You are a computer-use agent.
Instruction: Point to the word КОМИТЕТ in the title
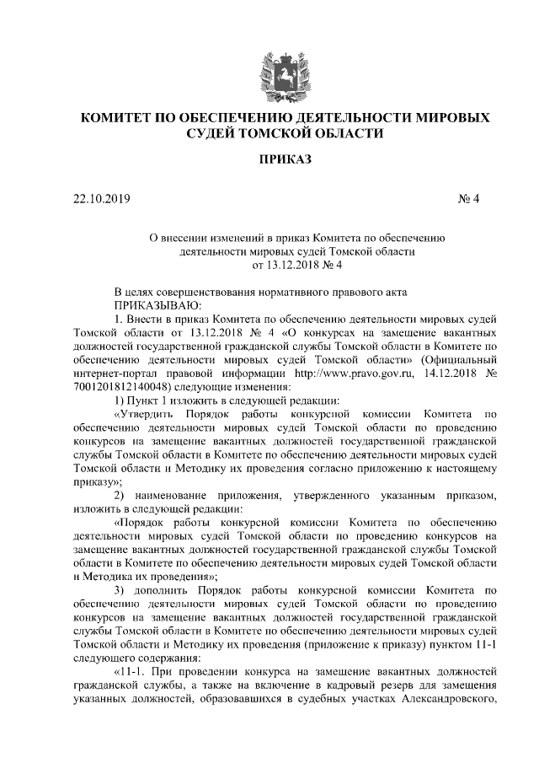coord(118,116)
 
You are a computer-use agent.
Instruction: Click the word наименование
coord(183,495)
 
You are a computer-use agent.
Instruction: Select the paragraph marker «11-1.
coord(133,670)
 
